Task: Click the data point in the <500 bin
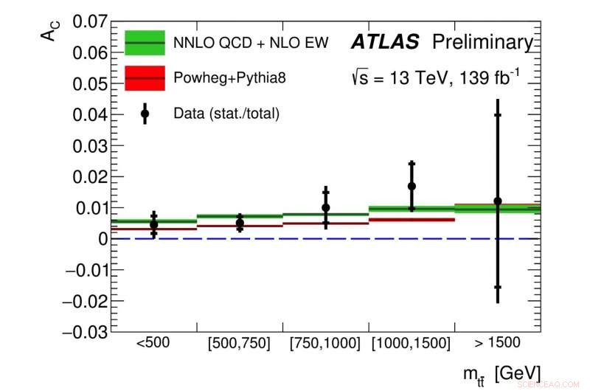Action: click(153, 224)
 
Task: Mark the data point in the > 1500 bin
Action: click(498, 201)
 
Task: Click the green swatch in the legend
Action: click(145, 43)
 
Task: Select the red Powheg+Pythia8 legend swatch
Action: click(145, 77)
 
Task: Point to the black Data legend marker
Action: click(145, 114)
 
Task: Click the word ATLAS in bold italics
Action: click(384, 43)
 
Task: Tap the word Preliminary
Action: click(482, 43)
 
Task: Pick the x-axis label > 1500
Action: click(497, 343)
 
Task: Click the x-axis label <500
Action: click(153, 343)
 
